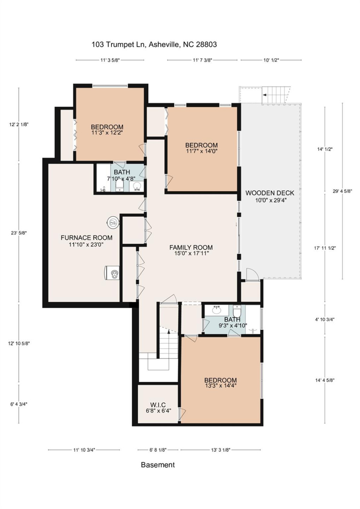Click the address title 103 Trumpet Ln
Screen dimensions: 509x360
point(154,45)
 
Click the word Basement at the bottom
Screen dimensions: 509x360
point(158,465)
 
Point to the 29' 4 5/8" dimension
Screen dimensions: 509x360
point(342,191)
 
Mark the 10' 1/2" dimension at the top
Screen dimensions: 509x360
point(271,60)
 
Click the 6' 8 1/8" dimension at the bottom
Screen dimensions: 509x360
point(158,450)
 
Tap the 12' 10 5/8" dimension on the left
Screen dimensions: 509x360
point(19,343)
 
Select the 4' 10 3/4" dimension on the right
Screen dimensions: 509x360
point(325,320)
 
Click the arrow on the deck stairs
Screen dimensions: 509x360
point(264,95)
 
